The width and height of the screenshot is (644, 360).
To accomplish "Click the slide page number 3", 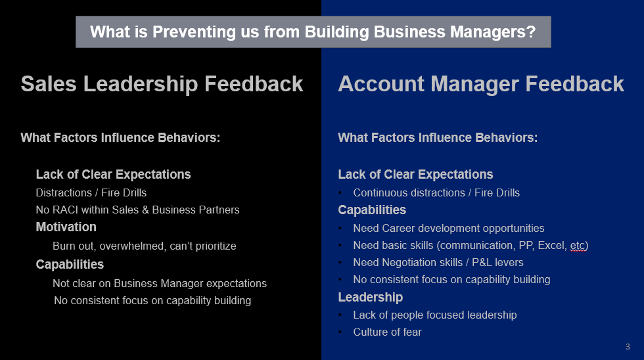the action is [628, 346].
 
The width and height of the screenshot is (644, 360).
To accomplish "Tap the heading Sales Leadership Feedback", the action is [162, 84].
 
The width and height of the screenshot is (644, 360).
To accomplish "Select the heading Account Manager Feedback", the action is [481, 84].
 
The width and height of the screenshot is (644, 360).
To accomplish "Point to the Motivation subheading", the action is [66, 227].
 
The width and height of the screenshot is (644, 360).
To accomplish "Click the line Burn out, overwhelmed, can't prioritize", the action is [145, 246].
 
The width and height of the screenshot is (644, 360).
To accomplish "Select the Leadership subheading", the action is [371, 297].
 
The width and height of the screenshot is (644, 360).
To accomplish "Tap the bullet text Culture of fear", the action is [387, 332].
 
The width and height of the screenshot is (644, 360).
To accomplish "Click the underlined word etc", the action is [578, 246].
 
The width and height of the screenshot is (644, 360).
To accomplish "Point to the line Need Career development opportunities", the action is [449, 228].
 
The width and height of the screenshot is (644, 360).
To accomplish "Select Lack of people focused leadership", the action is [435, 315].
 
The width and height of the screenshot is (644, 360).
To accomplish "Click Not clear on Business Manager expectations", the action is [160, 284].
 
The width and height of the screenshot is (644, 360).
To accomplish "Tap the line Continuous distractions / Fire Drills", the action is [436, 193].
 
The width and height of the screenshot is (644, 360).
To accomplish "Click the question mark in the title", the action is [531, 32].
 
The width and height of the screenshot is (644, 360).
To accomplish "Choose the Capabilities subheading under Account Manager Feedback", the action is [372, 210].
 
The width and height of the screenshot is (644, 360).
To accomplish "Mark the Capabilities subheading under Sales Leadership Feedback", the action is [70, 264].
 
